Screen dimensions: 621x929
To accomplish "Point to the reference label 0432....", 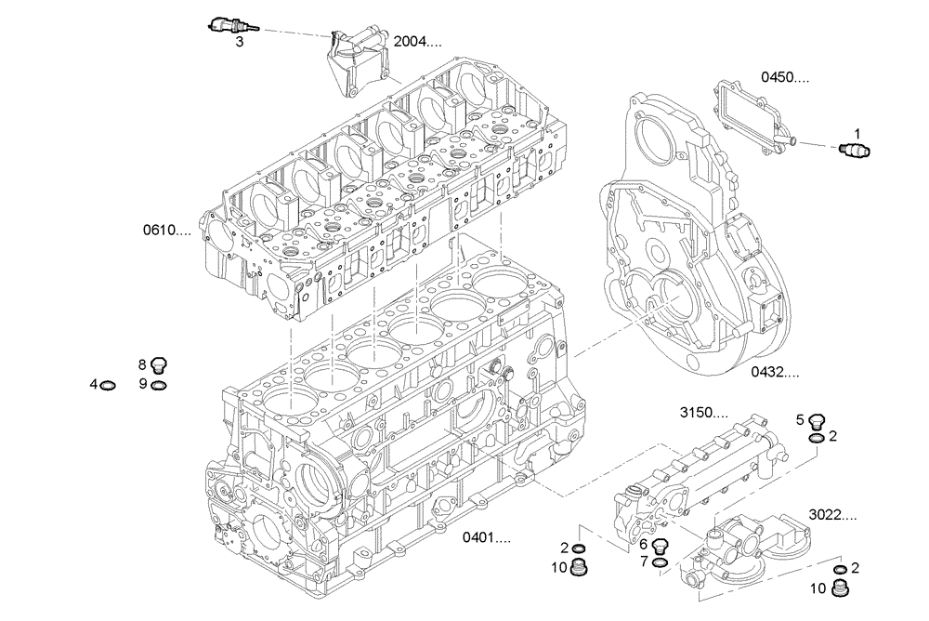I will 775,372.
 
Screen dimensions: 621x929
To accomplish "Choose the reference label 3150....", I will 703,412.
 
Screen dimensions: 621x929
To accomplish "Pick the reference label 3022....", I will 832,513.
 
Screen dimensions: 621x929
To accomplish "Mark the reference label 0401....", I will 488,537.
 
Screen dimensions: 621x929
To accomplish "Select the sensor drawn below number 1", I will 853,150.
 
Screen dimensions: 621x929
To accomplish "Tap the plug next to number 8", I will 158,364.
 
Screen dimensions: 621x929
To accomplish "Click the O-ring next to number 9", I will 159,384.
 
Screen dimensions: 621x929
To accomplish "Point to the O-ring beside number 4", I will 109,384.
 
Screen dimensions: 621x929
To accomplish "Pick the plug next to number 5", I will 817,420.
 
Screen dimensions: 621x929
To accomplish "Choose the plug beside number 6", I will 661,546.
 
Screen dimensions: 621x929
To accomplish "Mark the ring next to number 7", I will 661,562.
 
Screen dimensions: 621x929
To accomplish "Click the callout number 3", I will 240,42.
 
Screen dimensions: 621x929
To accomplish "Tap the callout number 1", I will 857,133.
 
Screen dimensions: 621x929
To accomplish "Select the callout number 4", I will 94,384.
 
